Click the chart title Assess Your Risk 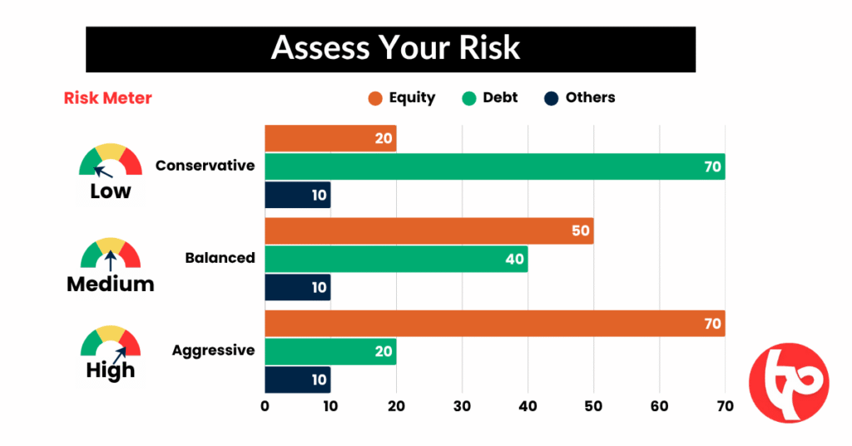coord(395,47)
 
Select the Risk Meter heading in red coord(107,98)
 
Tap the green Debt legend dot coord(468,98)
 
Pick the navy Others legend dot coord(551,98)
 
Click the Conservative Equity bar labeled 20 coord(330,138)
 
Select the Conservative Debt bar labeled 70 coord(494,166)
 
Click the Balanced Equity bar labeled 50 coord(428,230)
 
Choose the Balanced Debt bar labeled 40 coord(396,260)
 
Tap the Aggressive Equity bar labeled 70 coord(494,323)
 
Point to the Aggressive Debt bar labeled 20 coord(330,351)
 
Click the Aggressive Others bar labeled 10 coord(298,380)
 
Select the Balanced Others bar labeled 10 coord(298,288)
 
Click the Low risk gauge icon coord(111,160)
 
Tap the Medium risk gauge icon coord(111,252)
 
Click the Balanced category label coord(220,258)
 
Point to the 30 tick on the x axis coord(463,406)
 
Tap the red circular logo coord(789,383)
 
